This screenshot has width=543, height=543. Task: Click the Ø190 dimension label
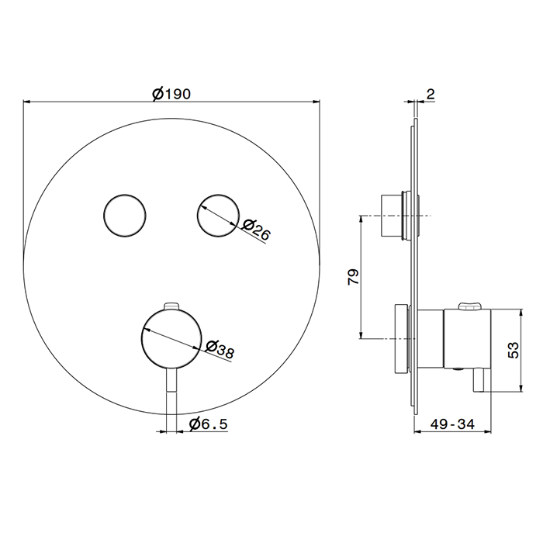pos(171,94)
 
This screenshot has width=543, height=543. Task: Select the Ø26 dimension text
pos(255,230)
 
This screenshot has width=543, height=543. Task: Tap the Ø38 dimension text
pos(220,349)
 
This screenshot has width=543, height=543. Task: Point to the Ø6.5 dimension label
pos(209,424)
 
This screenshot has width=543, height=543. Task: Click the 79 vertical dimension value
pos(353,277)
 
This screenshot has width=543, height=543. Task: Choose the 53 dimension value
pos(514,350)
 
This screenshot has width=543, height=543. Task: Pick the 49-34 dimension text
pos(452,424)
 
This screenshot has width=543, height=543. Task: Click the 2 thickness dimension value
pos(431,94)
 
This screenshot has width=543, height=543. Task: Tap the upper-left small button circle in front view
pos(125,216)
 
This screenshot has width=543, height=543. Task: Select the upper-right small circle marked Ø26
pos(218,216)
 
